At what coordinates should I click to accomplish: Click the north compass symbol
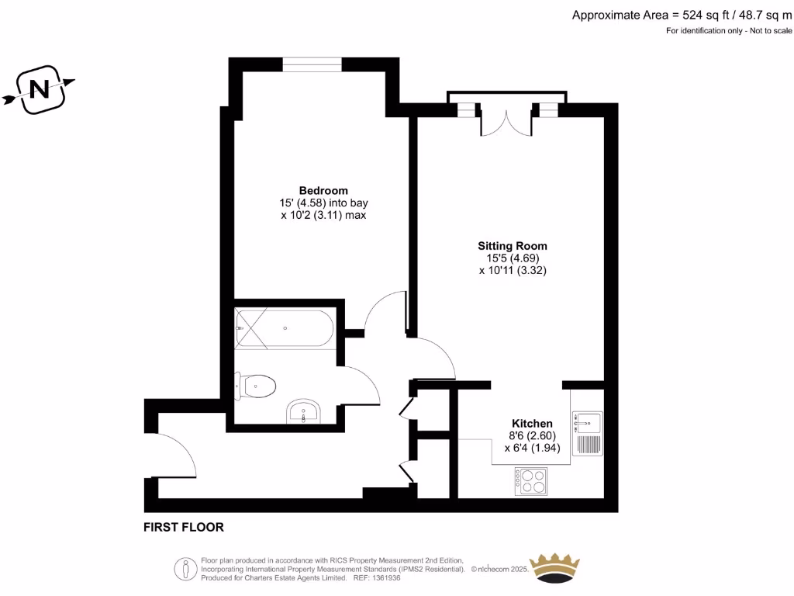click(x=39, y=90)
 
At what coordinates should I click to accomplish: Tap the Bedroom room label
click(x=323, y=190)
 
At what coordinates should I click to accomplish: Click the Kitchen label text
click(x=532, y=423)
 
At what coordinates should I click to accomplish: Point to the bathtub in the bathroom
click(x=285, y=328)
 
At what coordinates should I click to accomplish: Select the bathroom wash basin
click(x=304, y=412)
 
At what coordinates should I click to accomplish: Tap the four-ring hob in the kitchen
click(x=530, y=480)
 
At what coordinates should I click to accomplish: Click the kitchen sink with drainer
click(x=587, y=433)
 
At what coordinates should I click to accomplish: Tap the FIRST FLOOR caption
click(x=184, y=527)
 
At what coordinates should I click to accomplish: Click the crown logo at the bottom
click(x=554, y=570)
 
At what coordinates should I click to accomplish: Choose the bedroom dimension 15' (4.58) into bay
click(x=323, y=203)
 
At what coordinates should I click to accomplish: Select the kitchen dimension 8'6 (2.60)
click(x=531, y=435)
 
